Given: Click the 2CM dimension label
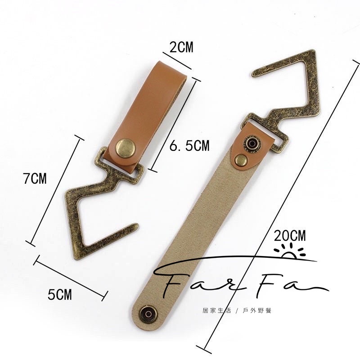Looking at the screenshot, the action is (x=181, y=47).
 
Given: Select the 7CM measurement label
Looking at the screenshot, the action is (x=35, y=178).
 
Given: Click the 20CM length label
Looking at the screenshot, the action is (x=290, y=235).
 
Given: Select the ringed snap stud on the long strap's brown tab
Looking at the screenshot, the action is (x=252, y=144).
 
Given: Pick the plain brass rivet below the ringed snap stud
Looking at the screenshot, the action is (x=241, y=160).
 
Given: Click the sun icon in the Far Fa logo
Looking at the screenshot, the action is (x=290, y=252).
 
